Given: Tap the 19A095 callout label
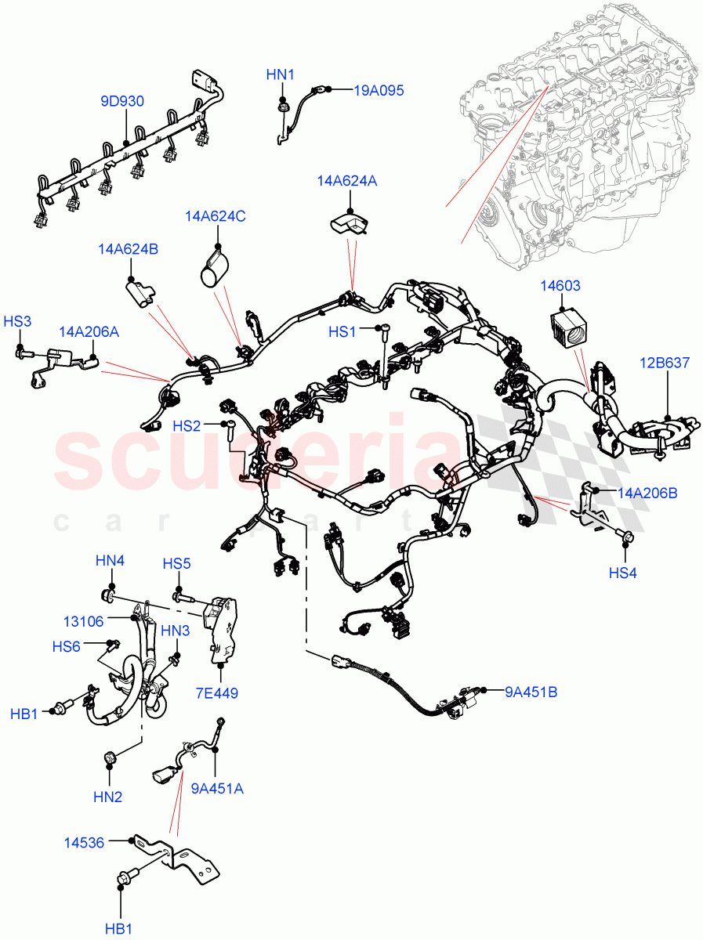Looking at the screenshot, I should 379,91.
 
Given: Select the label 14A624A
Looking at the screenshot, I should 347,181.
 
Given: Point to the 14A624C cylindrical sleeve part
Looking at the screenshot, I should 212,269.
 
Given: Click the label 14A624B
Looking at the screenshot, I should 129,249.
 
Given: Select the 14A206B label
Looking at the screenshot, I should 647,493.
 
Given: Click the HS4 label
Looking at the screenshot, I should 622,573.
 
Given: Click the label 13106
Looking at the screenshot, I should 84,621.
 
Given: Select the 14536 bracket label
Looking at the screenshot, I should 83,843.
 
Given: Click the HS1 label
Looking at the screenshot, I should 342,332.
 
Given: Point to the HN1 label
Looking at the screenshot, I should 280,75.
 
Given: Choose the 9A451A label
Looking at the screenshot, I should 217,789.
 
